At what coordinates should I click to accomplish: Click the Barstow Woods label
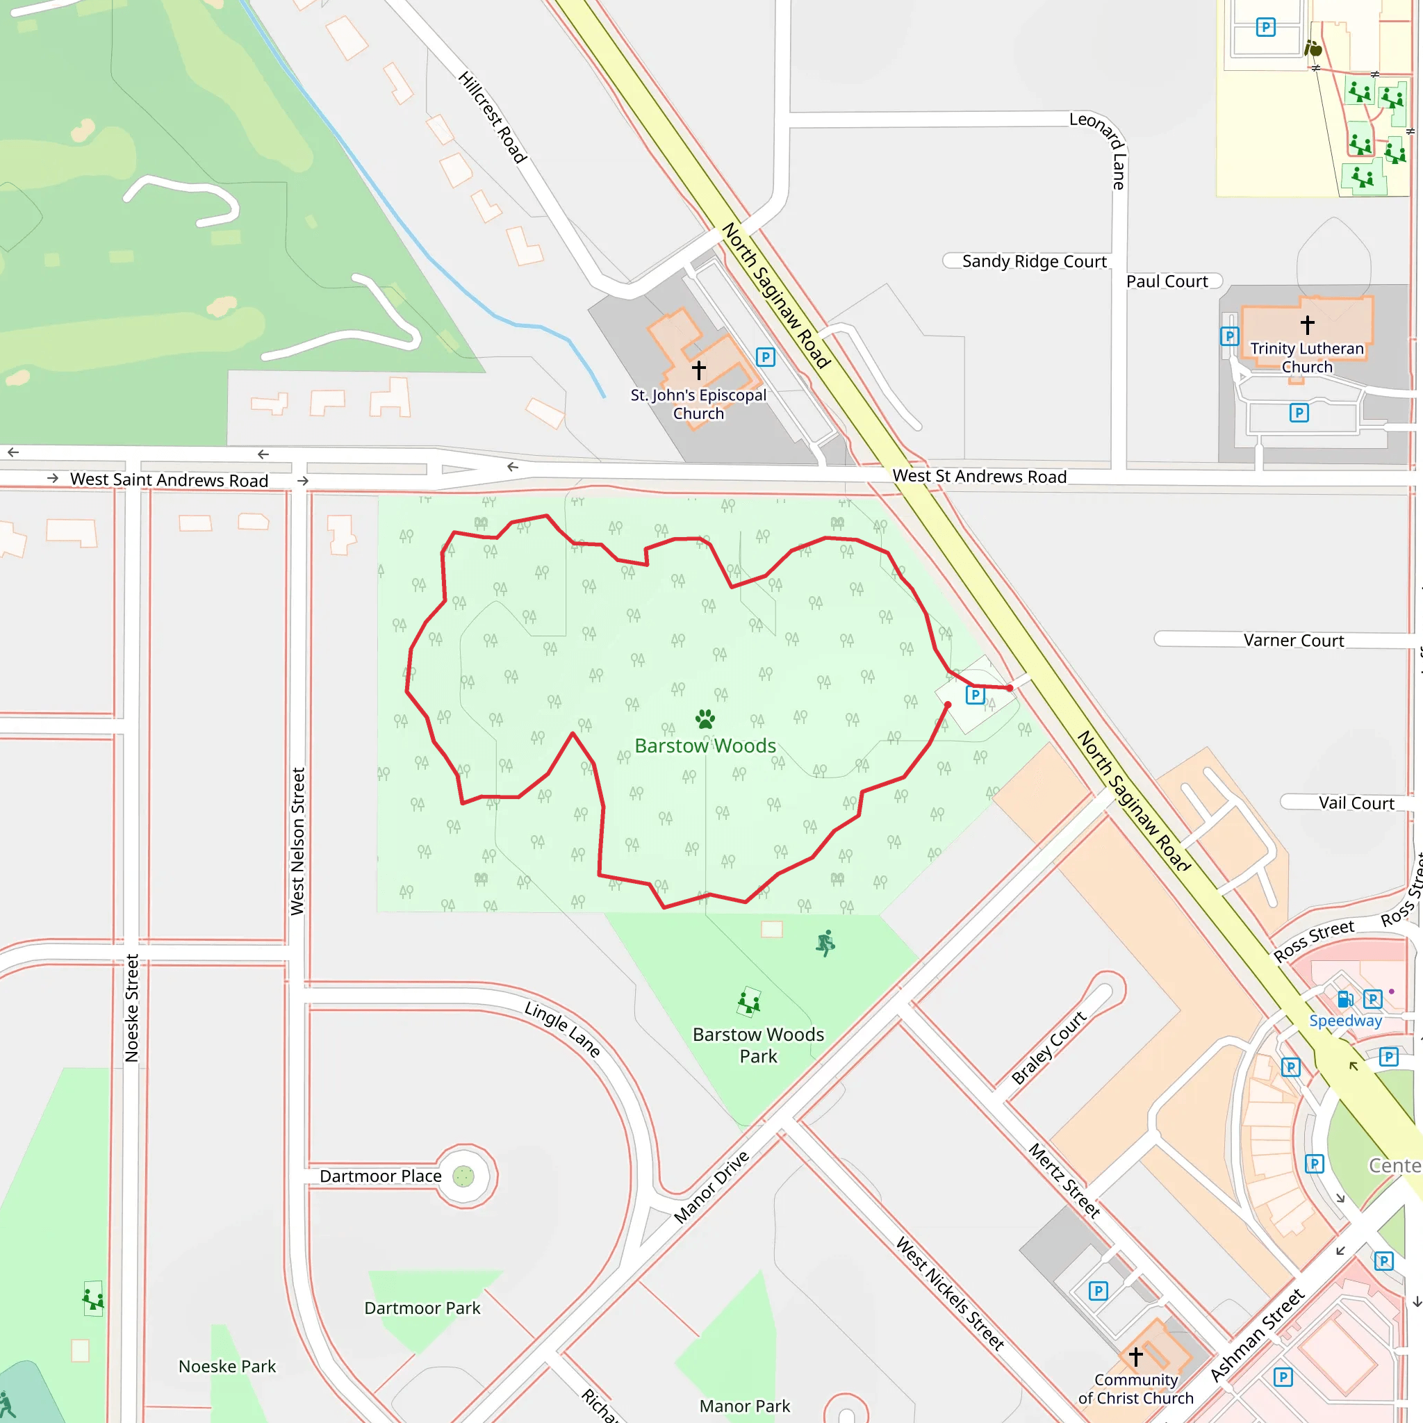click(705, 746)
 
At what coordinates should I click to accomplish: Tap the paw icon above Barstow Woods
click(705, 718)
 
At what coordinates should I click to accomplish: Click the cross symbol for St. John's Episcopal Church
click(698, 369)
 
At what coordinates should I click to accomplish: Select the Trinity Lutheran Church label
click(1307, 357)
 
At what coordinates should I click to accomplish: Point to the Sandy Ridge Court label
click(1033, 261)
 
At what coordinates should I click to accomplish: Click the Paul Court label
click(1167, 281)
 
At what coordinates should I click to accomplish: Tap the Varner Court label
click(1293, 640)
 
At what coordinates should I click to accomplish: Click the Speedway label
click(1345, 1020)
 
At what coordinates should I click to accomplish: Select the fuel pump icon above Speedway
click(1345, 998)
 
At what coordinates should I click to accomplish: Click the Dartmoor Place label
click(380, 1176)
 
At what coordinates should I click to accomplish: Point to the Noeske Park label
click(227, 1366)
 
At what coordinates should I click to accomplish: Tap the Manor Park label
click(745, 1406)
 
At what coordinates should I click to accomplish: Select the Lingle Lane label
click(563, 1029)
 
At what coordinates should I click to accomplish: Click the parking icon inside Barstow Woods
click(975, 695)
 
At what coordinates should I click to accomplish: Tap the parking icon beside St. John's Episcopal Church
click(765, 357)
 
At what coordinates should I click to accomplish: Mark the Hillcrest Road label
click(492, 116)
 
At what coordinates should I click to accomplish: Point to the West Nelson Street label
click(297, 841)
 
